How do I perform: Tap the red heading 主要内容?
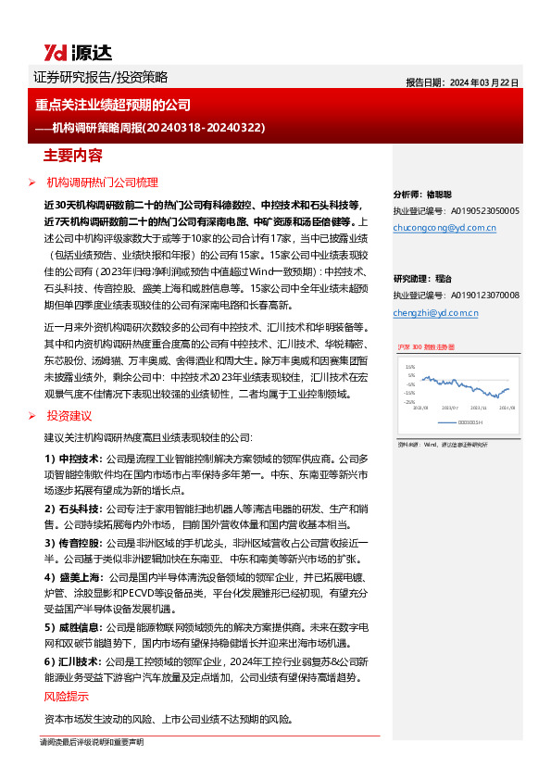[74, 154]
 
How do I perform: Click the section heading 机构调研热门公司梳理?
[103, 182]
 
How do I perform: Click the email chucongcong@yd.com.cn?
[445, 227]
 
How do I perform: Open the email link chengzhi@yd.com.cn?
[435, 313]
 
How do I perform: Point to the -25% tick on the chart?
[409, 403]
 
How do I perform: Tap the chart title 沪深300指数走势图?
[427, 346]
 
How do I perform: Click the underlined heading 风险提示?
[67, 697]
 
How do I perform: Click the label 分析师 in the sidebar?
[408, 195]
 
